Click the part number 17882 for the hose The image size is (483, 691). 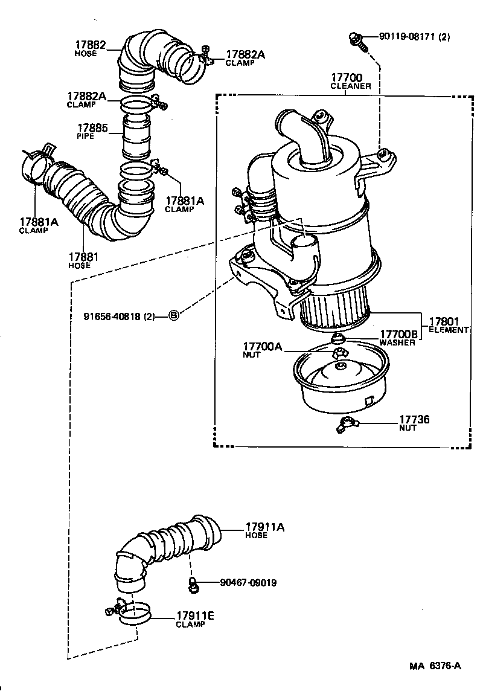click(90, 45)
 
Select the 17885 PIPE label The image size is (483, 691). click(92, 132)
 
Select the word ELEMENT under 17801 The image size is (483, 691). click(449, 330)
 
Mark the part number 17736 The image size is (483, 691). click(414, 419)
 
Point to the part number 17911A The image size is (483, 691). click(264, 527)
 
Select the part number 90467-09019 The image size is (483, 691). click(249, 583)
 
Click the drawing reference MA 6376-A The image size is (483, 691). click(435, 666)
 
